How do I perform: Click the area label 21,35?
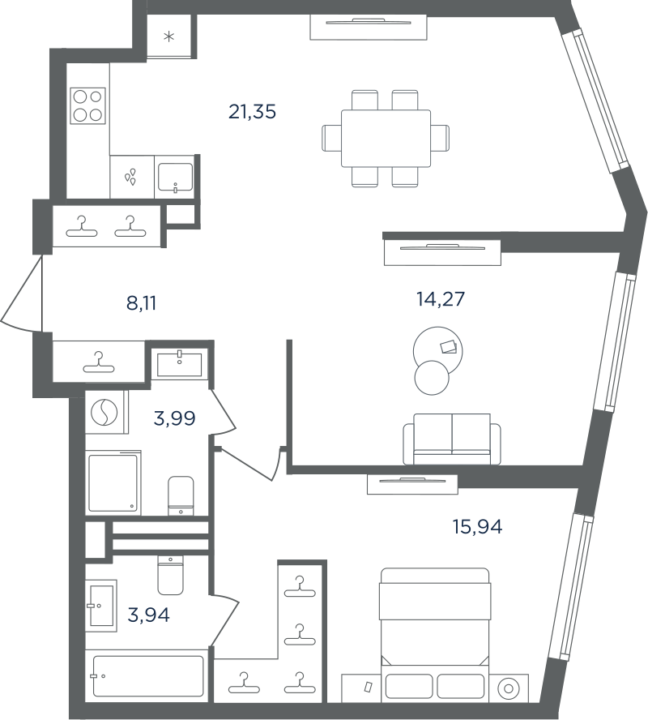[252, 112]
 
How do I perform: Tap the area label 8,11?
[141, 303]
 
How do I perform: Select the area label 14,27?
[441, 299]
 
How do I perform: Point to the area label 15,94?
[477, 527]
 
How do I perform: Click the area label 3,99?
[175, 418]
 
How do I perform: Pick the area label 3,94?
[148, 615]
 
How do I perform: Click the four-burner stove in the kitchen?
[87, 105]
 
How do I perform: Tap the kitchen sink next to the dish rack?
[175, 178]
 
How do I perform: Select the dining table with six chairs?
[386, 138]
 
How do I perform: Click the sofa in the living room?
[452, 439]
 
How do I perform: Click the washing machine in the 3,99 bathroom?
[105, 413]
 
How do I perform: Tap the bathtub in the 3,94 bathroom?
[147, 676]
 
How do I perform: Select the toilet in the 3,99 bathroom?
[181, 496]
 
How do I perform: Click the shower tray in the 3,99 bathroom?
[113, 482]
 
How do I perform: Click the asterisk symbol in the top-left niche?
[169, 36]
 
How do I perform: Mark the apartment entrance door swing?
[22, 294]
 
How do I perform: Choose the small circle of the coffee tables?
[432, 378]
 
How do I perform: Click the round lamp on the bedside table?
[509, 688]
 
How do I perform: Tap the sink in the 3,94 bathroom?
[102, 606]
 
